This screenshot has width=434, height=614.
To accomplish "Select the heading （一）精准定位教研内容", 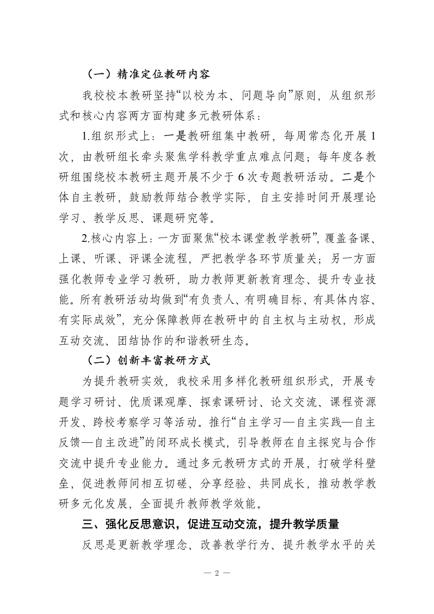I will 148,73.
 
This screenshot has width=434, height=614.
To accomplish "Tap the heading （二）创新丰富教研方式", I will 148,361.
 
